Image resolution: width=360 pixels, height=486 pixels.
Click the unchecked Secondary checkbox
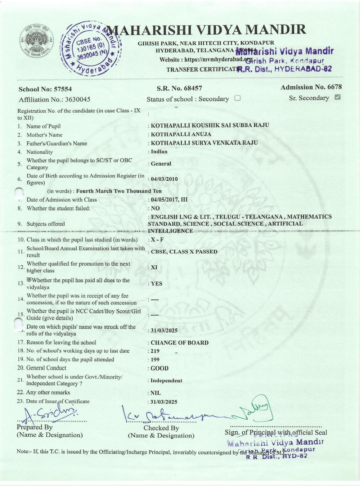pos(237,98)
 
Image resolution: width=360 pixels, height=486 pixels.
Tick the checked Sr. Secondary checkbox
pos(337,97)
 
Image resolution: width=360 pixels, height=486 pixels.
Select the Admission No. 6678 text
pos(311,87)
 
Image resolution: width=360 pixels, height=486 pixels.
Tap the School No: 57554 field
pos(45,89)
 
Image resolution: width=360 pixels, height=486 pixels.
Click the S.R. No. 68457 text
pos(179,88)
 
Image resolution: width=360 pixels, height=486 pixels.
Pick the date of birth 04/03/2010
pos(164,179)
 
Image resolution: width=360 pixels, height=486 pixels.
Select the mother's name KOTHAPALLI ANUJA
pos(181,134)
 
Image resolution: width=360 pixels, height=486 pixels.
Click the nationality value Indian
pos(159,152)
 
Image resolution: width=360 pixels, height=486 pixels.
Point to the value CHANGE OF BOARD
pos(179,343)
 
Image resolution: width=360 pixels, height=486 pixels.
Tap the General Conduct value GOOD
pos(159,368)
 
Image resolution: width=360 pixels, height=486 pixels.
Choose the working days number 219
pos(155,351)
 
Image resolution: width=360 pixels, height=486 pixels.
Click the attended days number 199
pos(155,359)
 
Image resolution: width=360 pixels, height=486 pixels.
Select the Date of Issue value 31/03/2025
pos(164,402)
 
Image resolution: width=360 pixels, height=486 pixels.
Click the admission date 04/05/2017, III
pos(169,199)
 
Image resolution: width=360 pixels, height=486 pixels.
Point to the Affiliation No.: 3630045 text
pos(54,99)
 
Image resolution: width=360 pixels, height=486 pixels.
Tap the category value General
pos(161,164)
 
